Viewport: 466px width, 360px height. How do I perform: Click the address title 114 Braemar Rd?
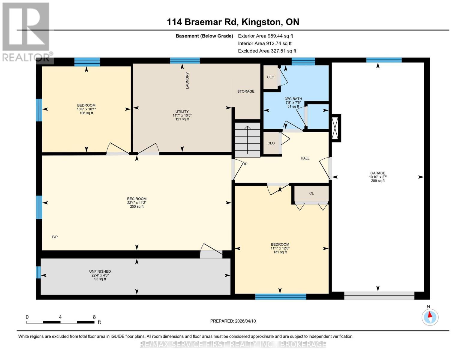[x=233, y=22]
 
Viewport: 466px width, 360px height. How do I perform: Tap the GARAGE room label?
[x=377, y=173]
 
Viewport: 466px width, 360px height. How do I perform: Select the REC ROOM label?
[x=137, y=199]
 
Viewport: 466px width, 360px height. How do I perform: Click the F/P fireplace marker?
[x=55, y=237]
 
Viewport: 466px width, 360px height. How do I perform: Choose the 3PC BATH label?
[x=293, y=99]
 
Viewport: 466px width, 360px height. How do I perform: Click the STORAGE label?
[x=246, y=91]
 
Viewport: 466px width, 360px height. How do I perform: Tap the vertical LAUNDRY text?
[x=188, y=80]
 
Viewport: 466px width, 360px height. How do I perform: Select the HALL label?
[x=305, y=158]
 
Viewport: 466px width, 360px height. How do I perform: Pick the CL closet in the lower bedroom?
[x=311, y=193]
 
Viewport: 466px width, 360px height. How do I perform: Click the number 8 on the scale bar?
[x=94, y=317]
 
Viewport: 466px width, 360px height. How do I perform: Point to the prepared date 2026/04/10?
[x=233, y=321]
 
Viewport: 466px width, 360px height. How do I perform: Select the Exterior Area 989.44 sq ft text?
[x=265, y=36]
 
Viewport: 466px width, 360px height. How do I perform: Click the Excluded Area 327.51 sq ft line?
[x=267, y=51]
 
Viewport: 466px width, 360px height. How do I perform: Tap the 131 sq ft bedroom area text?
[x=280, y=252]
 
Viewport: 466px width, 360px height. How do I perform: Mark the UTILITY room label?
[x=182, y=112]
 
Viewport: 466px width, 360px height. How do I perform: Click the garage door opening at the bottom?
[x=379, y=295]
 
